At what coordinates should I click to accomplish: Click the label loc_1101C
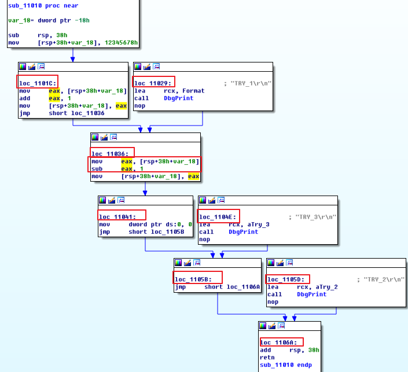coord(38,83)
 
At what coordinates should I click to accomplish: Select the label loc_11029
coord(153,83)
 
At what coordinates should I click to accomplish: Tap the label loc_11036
coord(110,154)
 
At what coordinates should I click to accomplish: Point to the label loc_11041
coord(117,217)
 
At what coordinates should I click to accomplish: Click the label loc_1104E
coord(218,217)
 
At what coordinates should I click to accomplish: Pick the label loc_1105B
coord(193,279)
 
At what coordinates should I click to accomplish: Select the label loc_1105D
coord(286,279)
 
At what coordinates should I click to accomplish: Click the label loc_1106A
coord(279,342)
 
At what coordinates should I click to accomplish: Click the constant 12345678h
coord(122,43)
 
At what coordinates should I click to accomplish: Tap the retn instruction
coord(267,358)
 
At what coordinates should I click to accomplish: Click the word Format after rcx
coord(193,91)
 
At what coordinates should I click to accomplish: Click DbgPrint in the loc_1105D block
coord(312,294)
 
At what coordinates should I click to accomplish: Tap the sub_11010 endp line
coord(286,365)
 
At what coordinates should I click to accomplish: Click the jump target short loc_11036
coord(76,113)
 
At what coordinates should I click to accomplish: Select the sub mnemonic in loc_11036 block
coord(97,169)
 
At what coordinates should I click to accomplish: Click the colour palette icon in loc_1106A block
coord(263,326)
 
